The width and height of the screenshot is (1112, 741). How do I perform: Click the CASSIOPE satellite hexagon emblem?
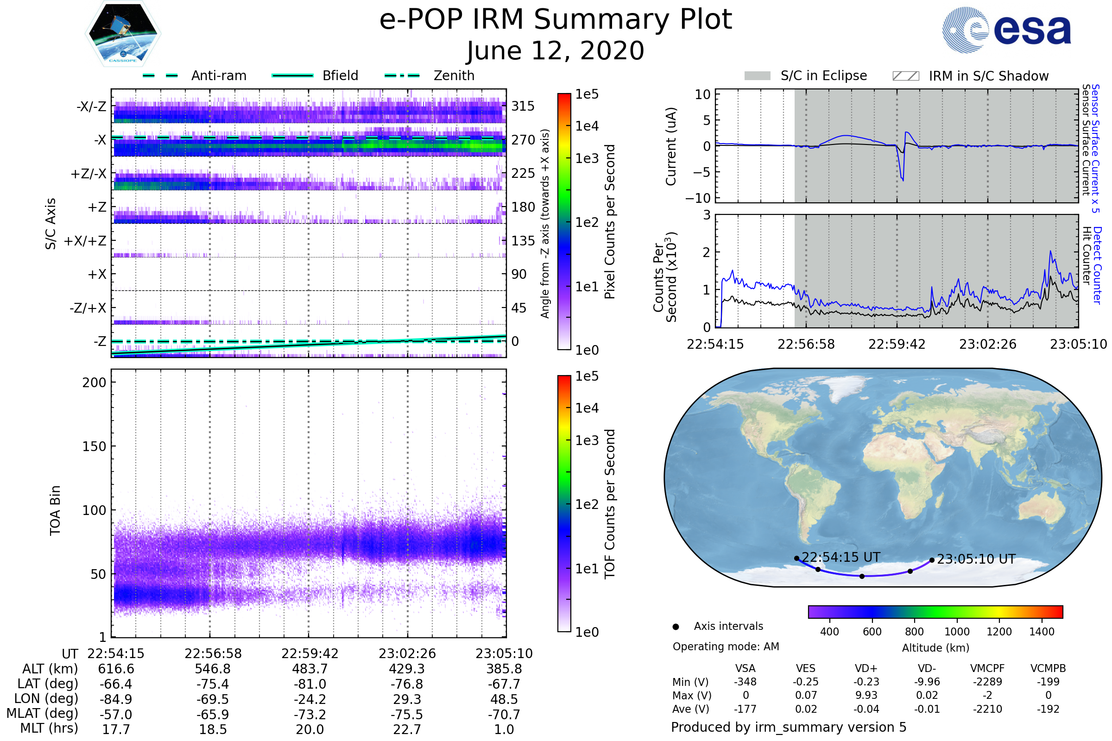pyautogui.click(x=123, y=33)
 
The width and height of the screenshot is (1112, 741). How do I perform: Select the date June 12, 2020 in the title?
pyautogui.click(x=556, y=50)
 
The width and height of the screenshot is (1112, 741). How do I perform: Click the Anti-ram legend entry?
pyautogui.click(x=218, y=75)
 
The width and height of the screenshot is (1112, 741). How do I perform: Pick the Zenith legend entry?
pyautogui.click(x=454, y=75)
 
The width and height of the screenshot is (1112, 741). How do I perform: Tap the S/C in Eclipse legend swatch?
pyautogui.click(x=757, y=76)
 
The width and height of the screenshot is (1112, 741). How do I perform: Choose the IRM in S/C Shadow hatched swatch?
pyautogui.click(x=905, y=76)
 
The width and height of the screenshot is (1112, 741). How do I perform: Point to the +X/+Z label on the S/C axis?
pyautogui.click(x=85, y=241)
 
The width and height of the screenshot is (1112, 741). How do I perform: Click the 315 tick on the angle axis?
pyautogui.click(x=523, y=106)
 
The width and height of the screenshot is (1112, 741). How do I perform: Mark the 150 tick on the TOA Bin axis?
pyautogui.click(x=94, y=446)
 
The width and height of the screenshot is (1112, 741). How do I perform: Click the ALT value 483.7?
pyautogui.click(x=310, y=669)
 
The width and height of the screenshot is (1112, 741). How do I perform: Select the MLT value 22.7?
pyautogui.click(x=407, y=729)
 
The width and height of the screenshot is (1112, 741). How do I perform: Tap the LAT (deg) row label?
pyautogui.click(x=47, y=684)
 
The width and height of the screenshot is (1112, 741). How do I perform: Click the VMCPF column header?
pyautogui.click(x=987, y=668)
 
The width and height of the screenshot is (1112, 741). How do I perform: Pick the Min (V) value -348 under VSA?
pyautogui.click(x=745, y=682)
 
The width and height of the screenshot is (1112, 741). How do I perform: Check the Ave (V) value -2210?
pyautogui.click(x=987, y=709)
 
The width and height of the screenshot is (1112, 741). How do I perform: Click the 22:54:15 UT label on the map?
pyautogui.click(x=840, y=558)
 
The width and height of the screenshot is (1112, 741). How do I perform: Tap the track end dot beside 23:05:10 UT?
pyautogui.click(x=932, y=560)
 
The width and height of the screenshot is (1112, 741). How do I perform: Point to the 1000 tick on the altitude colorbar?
pyautogui.click(x=957, y=632)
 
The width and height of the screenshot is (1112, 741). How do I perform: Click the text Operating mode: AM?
pyautogui.click(x=726, y=647)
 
